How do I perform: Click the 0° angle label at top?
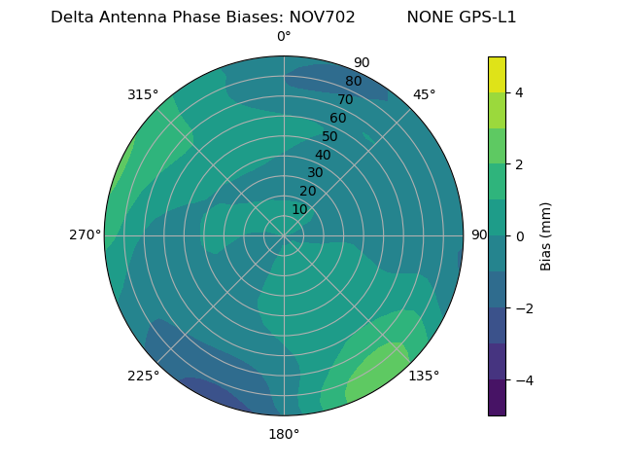click(284, 37)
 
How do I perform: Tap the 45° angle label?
click(424, 94)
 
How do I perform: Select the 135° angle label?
click(424, 376)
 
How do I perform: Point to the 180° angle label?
click(284, 434)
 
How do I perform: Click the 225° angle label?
click(143, 377)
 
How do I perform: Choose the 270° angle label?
click(85, 234)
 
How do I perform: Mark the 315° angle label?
click(143, 94)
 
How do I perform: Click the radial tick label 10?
click(299, 209)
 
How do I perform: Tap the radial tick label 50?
click(330, 136)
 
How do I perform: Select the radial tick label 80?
click(354, 82)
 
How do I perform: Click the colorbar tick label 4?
click(519, 92)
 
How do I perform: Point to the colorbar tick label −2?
click(523, 308)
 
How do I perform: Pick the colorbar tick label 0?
click(519, 236)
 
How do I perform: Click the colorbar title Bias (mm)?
click(546, 236)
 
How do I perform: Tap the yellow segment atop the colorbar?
click(497, 74)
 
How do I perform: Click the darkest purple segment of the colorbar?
click(497, 398)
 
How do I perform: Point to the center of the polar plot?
click(284, 235)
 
